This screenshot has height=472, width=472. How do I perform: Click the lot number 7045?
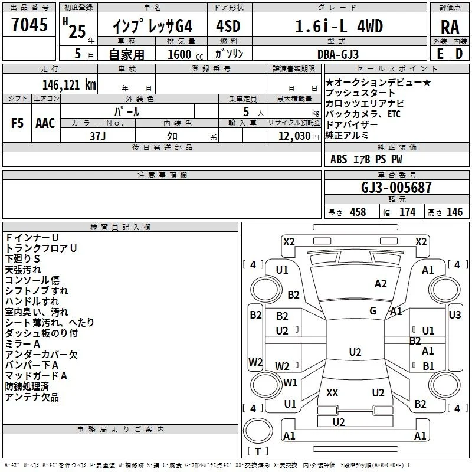(29, 24)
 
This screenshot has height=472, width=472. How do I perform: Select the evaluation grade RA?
(450, 27)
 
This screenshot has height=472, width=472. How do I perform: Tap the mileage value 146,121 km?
(69, 85)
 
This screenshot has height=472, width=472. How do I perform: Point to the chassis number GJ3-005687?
(396, 187)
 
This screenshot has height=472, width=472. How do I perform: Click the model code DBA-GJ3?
(338, 54)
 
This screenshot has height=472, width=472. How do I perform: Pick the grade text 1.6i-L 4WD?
(339, 26)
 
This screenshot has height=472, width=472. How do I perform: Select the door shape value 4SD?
(228, 26)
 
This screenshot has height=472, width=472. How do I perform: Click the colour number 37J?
(98, 136)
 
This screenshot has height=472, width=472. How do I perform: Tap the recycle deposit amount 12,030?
(294, 136)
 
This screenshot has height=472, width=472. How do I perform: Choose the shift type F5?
(17, 123)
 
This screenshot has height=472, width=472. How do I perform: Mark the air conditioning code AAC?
(45, 123)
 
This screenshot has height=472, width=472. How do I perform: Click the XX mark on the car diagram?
(332, 392)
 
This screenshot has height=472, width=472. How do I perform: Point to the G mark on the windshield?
(373, 311)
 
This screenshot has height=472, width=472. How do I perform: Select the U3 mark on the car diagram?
(454, 315)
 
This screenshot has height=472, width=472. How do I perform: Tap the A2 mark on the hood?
(381, 284)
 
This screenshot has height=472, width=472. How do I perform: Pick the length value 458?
(358, 212)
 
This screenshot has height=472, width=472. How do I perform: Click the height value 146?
(454, 212)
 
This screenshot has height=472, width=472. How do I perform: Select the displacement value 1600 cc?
(185, 54)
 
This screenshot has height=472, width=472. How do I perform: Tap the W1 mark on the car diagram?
(290, 382)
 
